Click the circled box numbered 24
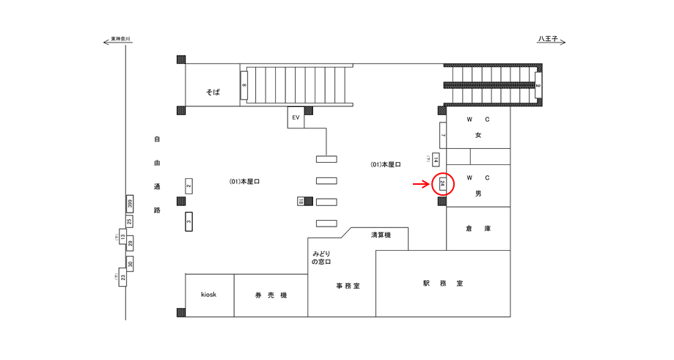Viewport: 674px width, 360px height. (442, 184)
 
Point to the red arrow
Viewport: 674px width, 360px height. (420, 184)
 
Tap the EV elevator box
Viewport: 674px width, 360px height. (296, 117)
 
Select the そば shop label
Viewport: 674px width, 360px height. (213, 92)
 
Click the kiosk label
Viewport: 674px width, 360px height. (209, 295)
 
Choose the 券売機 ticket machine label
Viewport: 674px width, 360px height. (271, 295)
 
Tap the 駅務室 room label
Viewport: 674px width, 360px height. (442, 283)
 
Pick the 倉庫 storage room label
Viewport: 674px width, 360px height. (477, 229)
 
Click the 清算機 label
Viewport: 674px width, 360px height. (381, 235)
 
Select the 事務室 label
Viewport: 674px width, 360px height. (348, 286)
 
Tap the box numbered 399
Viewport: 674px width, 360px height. (129, 203)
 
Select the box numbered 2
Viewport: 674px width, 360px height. (188, 186)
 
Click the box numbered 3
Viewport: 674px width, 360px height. (188, 220)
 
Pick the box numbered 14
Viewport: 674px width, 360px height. (436, 160)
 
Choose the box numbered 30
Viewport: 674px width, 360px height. (130, 264)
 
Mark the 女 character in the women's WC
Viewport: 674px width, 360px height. (478, 135)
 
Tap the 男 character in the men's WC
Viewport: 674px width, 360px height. (478, 193)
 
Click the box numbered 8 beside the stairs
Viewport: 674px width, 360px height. (243, 86)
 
